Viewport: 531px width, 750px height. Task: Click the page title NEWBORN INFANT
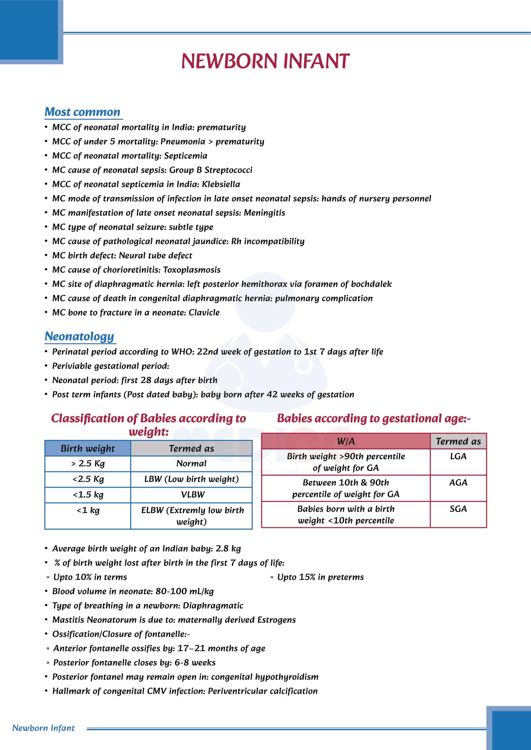[x=265, y=61]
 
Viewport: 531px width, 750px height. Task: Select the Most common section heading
[x=82, y=112]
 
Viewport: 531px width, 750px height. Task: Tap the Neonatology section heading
[x=79, y=337]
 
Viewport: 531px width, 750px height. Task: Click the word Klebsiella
[x=221, y=184]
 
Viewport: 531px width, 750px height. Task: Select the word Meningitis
[x=264, y=213]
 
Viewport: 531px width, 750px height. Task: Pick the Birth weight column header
[x=88, y=448]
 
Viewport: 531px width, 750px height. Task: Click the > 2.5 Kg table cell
[x=88, y=464]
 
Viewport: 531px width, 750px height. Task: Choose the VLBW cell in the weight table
[x=193, y=495]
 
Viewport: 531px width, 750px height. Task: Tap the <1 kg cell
[x=88, y=510]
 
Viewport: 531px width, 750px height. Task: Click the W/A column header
[x=346, y=441]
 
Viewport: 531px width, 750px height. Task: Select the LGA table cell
[x=458, y=457]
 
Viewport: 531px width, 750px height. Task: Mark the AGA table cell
[x=458, y=483]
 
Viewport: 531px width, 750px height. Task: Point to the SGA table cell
[x=458, y=509]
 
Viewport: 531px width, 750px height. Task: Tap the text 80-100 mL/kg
[x=185, y=591]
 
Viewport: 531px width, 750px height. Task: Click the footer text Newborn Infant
[x=44, y=728]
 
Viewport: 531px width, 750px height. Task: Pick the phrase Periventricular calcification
[x=263, y=691]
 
